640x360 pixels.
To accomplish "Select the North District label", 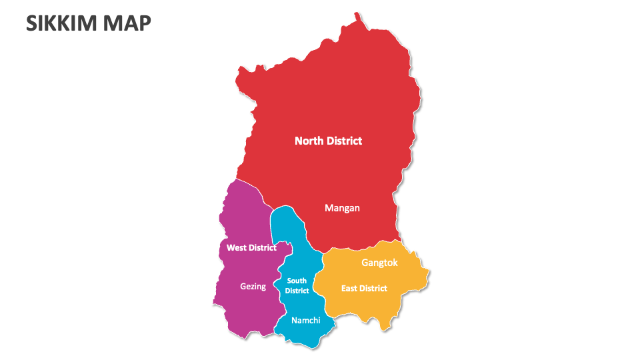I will [x=328, y=141].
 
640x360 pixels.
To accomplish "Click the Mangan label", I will [x=342, y=208].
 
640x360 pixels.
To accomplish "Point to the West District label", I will [x=251, y=247].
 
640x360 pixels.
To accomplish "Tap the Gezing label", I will [x=253, y=287].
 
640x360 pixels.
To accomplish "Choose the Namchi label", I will [x=306, y=321].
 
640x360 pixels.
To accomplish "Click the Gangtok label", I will [x=379, y=263].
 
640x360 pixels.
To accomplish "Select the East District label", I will [x=364, y=289].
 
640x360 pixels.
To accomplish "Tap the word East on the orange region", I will [x=349, y=289].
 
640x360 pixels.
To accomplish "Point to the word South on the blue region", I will [x=297, y=281].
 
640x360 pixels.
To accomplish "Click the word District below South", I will [x=297, y=291].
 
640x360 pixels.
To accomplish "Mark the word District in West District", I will [x=263, y=247].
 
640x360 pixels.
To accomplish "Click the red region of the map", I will [x=333, y=100].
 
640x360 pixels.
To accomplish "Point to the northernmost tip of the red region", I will [x=357, y=13].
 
